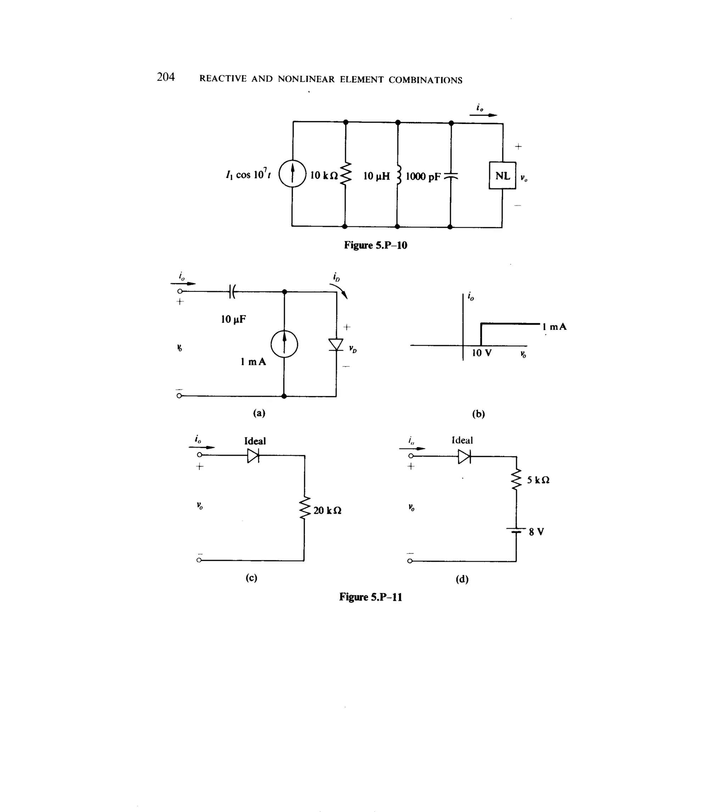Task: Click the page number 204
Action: point(166,77)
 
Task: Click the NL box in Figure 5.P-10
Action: point(502,175)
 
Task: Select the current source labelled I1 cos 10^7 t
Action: point(292,174)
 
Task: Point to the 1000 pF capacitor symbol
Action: point(451,175)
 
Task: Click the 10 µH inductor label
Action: point(376,176)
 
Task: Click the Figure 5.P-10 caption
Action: point(375,245)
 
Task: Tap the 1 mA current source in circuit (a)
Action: point(284,344)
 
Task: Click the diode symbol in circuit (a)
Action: point(336,344)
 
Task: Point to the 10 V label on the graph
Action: point(481,353)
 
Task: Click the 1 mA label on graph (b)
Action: point(554,327)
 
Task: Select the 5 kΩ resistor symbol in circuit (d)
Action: point(516,479)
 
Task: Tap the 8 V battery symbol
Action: point(516,531)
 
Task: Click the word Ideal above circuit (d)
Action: point(462,440)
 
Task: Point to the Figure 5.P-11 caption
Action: point(370,597)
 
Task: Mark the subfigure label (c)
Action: point(251,577)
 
